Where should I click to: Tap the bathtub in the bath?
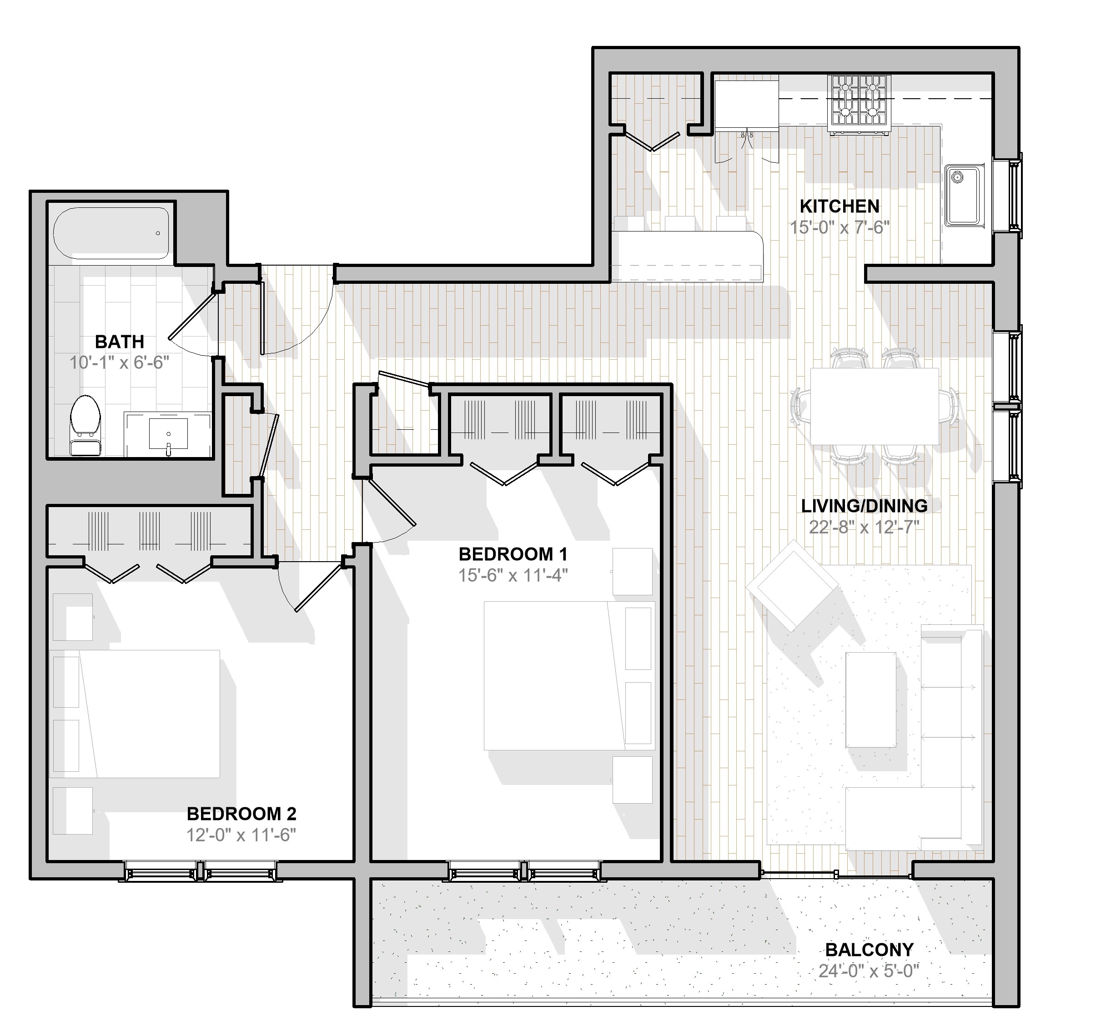pos(111,233)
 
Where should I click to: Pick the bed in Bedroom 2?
pos(135,714)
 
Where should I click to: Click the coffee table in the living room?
pos(871,699)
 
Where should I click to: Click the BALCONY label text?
pos(870,950)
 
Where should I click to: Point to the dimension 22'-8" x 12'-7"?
pos(864,527)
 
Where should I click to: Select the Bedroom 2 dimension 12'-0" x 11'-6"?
pos(241,835)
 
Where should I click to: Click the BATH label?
pos(120,342)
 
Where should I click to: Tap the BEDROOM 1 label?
pos(513,553)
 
